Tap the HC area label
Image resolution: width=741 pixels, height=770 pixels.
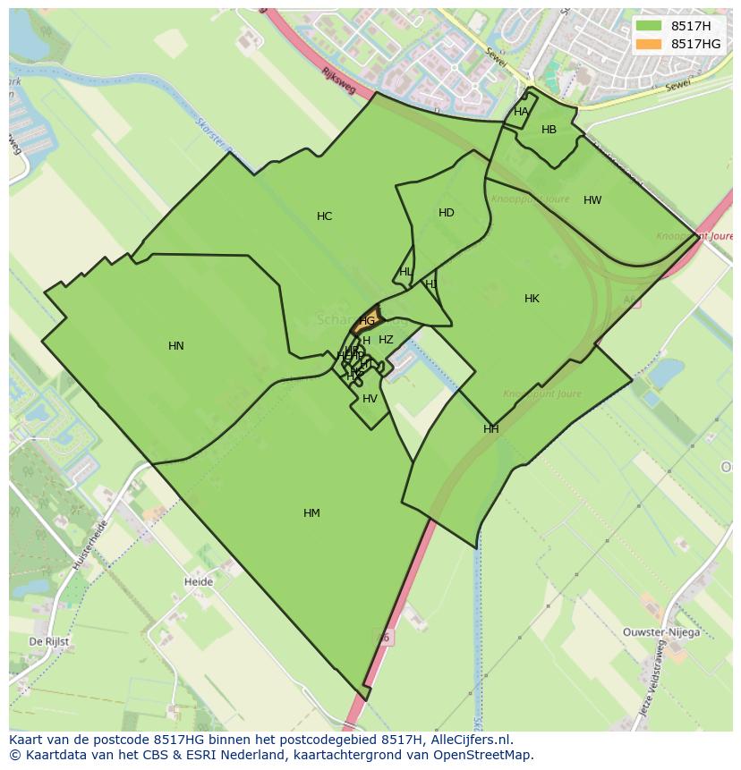[x=324, y=216]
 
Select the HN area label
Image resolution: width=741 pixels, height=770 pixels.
[x=176, y=346]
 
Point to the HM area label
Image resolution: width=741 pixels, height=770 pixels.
[x=311, y=513]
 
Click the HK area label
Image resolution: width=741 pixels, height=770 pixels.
[x=532, y=299]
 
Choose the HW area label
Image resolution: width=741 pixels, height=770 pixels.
[x=592, y=200]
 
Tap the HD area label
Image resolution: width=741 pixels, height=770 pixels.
[x=447, y=213]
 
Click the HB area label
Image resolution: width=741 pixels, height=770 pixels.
[x=549, y=130]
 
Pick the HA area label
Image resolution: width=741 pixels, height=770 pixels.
[x=521, y=112]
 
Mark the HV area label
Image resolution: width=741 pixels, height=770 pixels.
[x=370, y=399]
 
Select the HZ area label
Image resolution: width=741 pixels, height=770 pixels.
[x=386, y=340]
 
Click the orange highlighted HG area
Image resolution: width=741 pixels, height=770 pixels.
[x=368, y=319]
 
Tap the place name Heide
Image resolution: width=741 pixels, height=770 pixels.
[x=199, y=582]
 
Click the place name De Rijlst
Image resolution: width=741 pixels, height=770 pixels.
[x=49, y=642]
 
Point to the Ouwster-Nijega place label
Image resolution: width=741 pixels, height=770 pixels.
[x=661, y=632]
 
